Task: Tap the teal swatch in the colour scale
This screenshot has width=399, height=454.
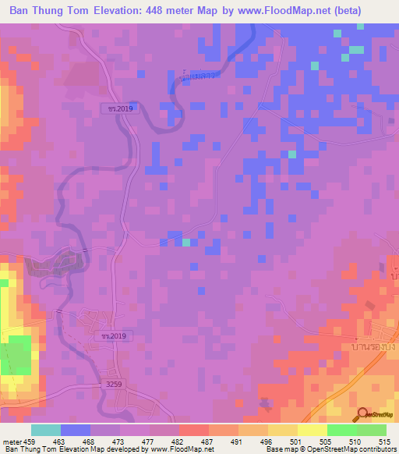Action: pyautogui.click(x=46, y=430)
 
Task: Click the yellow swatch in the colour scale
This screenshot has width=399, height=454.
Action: pyautogui.click(x=312, y=430)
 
